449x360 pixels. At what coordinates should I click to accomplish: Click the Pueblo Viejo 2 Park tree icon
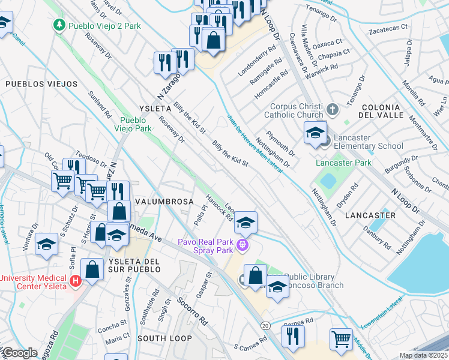click(59, 25)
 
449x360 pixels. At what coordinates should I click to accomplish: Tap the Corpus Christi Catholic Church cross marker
click(334, 110)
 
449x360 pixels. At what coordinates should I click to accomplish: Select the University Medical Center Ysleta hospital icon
click(76, 281)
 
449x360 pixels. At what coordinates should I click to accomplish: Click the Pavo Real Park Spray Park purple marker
click(243, 244)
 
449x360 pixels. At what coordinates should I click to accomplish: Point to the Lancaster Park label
click(344, 163)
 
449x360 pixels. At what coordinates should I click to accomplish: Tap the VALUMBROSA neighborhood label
click(164, 201)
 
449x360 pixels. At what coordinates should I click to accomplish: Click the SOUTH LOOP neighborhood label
click(164, 338)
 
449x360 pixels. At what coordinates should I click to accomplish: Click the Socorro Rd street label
click(192, 310)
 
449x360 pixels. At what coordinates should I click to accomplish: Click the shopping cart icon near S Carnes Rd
click(341, 338)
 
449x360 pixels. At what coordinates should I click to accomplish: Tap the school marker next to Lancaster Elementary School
click(315, 133)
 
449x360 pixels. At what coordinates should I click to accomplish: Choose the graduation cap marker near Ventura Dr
click(46, 244)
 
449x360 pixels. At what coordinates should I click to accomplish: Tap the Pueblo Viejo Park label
click(135, 124)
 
